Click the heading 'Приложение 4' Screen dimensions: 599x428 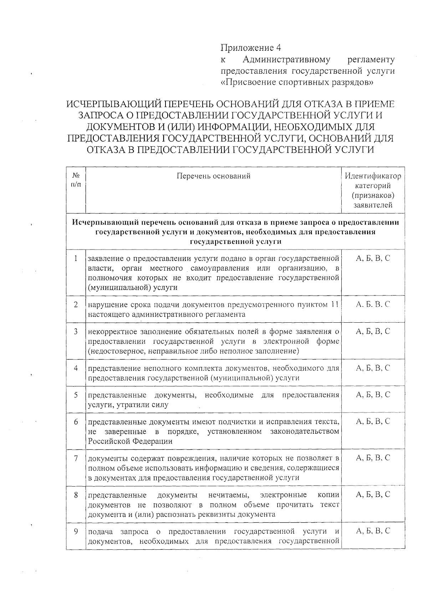click(x=251, y=47)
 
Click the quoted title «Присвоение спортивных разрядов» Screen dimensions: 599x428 click(x=297, y=82)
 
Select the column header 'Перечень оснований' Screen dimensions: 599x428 click(x=213, y=176)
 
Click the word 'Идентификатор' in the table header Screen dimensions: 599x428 click(x=373, y=176)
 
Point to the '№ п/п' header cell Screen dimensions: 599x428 click(x=76, y=180)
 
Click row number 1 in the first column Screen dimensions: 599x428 click(x=76, y=258)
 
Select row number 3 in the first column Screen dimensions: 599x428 click(x=76, y=331)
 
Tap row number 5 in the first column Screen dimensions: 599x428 click(x=76, y=395)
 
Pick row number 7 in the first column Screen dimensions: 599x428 click(x=76, y=458)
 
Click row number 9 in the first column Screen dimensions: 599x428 click(x=76, y=531)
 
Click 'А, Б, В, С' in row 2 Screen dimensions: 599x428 click(x=373, y=304)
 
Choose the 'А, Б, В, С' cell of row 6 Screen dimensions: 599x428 click(x=373, y=422)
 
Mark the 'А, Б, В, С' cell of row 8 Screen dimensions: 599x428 click(x=373, y=495)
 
